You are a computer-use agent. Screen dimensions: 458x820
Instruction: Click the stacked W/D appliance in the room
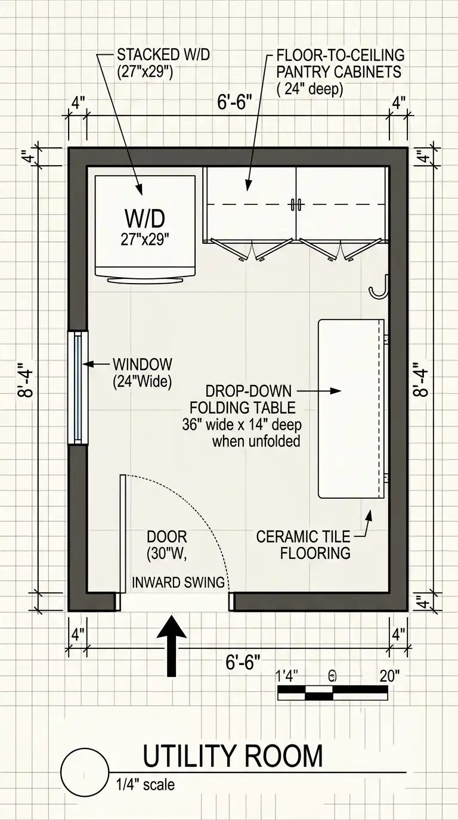pyautogui.click(x=145, y=228)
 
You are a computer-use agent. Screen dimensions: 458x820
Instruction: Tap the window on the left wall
pyautogui.click(x=78, y=388)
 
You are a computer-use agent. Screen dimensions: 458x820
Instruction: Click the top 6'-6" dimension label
pyautogui.click(x=234, y=102)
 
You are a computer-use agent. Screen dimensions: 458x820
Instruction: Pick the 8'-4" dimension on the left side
pyautogui.click(x=26, y=380)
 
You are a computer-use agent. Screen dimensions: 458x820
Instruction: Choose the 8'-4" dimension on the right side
pyautogui.click(x=420, y=380)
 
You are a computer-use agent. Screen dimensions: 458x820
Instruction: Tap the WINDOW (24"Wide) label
pyautogui.click(x=143, y=373)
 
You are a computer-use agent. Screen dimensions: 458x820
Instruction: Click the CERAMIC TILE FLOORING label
pyautogui.click(x=304, y=545)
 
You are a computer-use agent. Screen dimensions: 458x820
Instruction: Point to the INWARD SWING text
pyautogui.click(x=178, y=582)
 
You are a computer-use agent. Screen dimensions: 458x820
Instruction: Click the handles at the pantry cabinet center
pyautogui.click(x=296, y=204)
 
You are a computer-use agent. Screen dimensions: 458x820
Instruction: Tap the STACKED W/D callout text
pyautogui.click(x=163, y=63)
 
